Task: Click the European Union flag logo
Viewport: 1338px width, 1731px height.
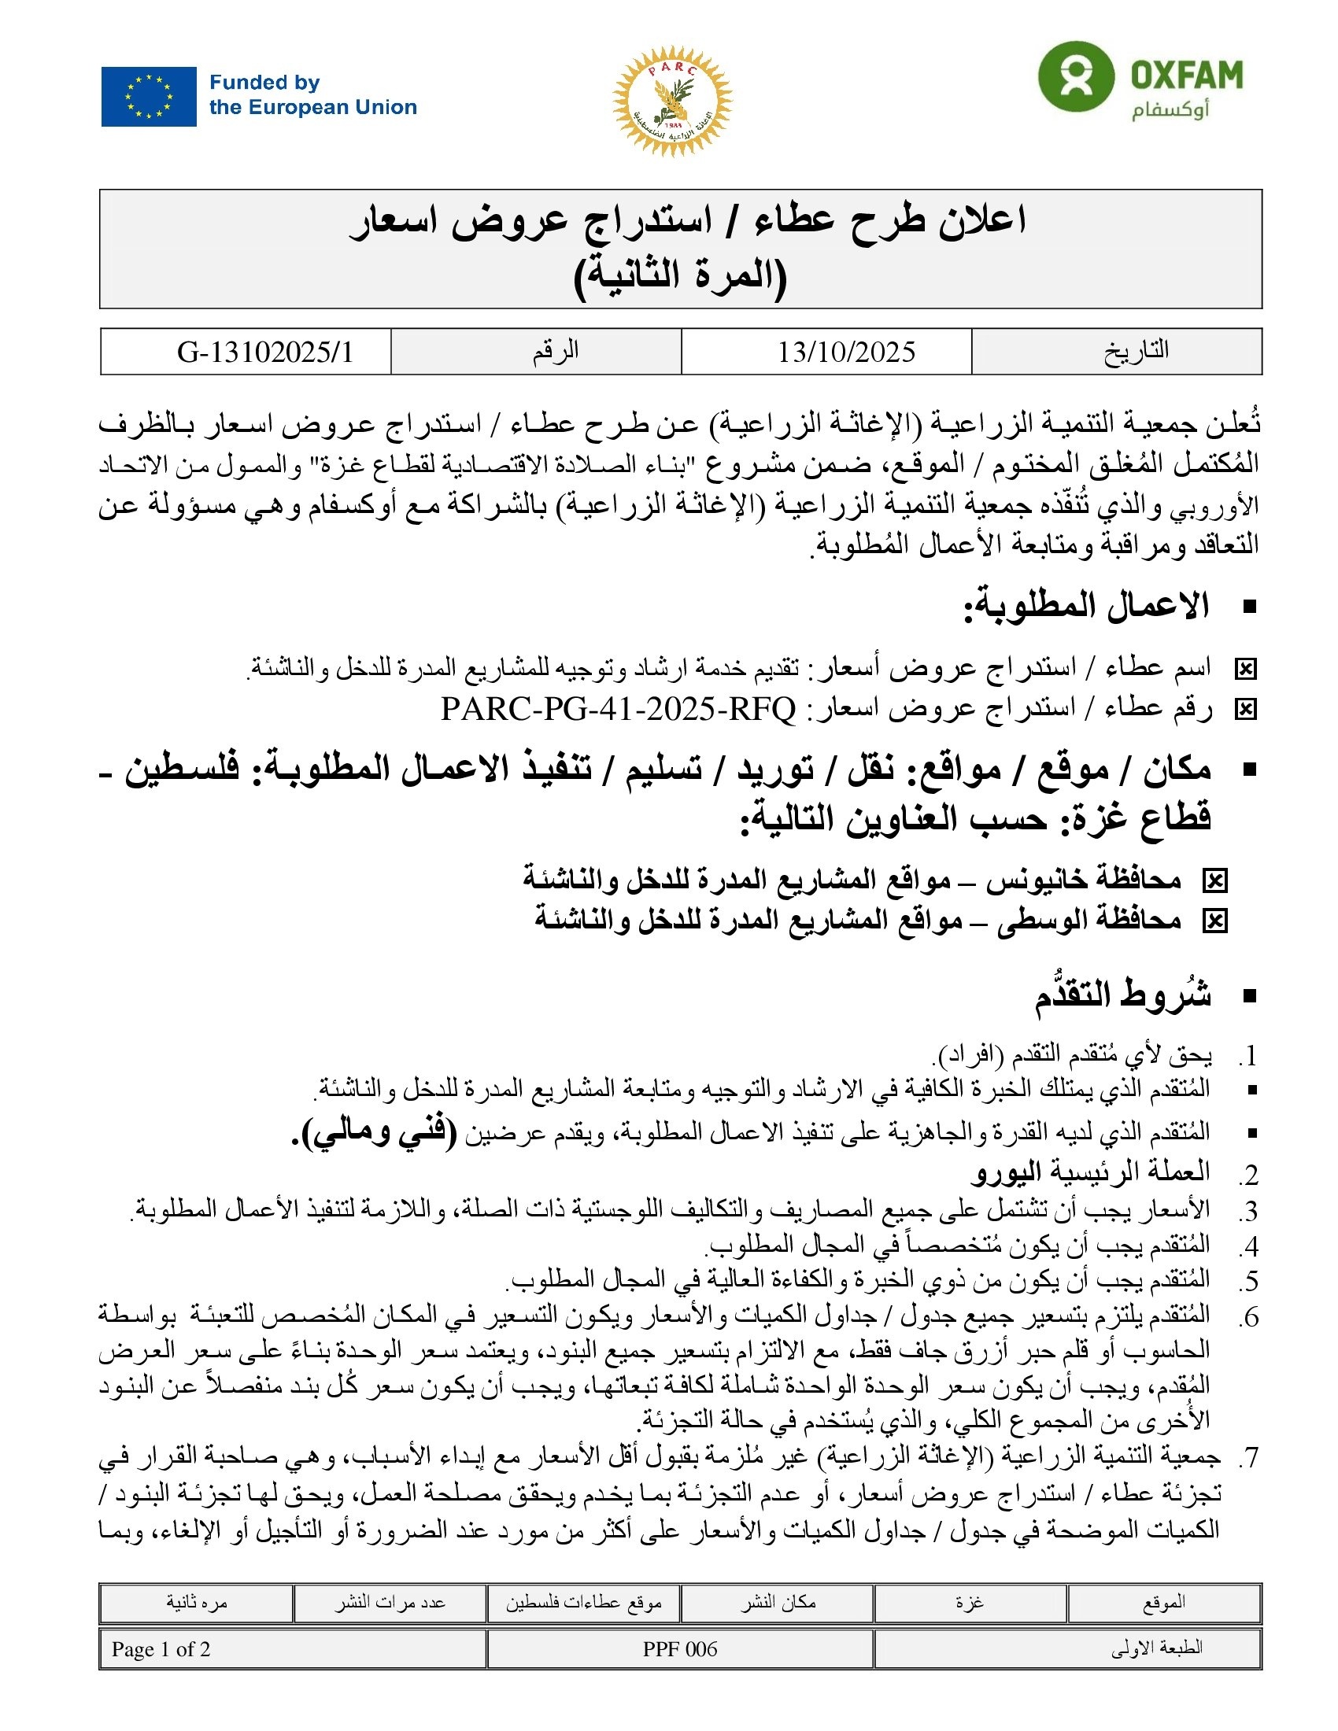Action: click(148, 97)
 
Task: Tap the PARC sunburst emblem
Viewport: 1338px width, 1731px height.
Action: click(671, 101)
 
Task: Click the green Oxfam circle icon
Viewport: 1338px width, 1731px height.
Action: click(1075, 77)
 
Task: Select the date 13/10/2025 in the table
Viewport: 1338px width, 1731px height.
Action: click(846, 352)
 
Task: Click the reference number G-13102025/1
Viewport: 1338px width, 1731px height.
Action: click(264, 352)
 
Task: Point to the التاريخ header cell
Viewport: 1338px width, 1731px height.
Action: click(1136, 350)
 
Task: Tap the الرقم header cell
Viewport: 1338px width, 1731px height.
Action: click(555, 350)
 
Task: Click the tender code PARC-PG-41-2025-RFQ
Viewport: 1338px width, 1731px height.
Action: click(618, 709)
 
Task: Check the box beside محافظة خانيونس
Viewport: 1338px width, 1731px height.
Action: click(1214, 880)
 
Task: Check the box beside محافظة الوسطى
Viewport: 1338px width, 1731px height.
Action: click(1214, 921)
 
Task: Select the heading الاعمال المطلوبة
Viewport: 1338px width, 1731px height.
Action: click(1086, 607)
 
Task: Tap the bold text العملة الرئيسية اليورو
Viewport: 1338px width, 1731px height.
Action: click(1091, 1172)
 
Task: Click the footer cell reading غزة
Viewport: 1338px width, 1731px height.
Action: click(970, 1603)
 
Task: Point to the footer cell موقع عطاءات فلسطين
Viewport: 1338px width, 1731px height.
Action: click(583, 1603)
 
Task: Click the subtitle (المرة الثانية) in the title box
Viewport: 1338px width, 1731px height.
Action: click(680, 276)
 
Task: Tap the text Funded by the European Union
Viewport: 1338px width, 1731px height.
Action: click(312, 95)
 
